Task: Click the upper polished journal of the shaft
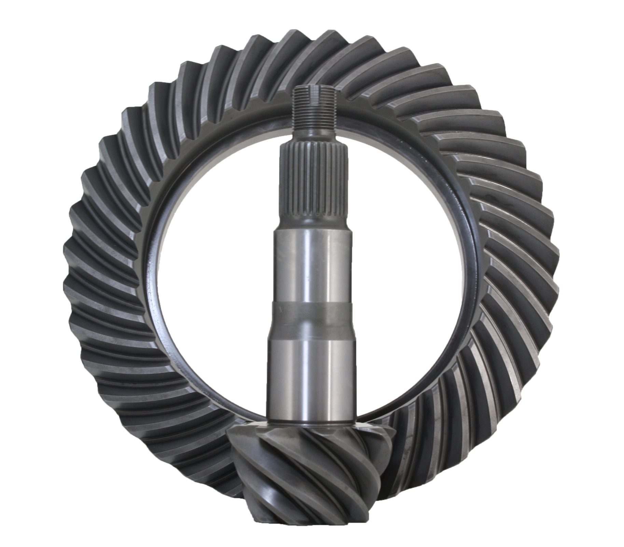tap(312, 263)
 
